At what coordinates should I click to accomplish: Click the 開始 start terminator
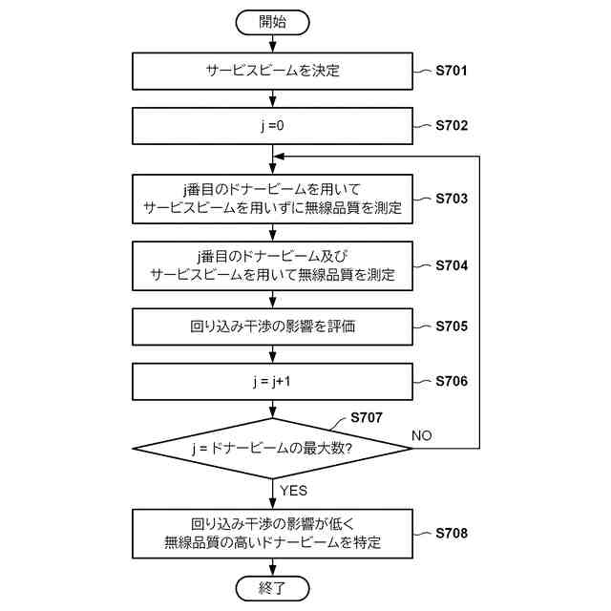click(x=272, y=20)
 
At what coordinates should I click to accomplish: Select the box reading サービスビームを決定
click(x=272, y=71)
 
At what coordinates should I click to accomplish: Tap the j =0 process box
click(x=272, y=125)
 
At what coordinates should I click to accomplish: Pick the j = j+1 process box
click(x=272, y=381)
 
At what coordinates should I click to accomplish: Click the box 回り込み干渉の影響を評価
click(x=272, y=327)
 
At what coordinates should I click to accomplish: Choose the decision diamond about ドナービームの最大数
click(x=272, y=447)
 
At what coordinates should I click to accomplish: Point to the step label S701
click(x=451, y=71)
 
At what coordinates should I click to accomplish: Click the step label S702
click(x=451, y=125)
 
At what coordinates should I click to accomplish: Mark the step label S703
click(x=451, y=199)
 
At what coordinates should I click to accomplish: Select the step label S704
click(x=451, y=263)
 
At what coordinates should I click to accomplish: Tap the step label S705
click(x=451, y=327)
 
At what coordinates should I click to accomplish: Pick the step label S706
click(x=451, y=381)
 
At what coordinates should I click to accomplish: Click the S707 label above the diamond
click(x=367, y=417)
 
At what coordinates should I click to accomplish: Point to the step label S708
click(x=451, y=532)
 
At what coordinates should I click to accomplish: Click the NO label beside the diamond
click(x=422, y=435)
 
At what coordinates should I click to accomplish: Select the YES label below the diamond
click(x=294, y=491)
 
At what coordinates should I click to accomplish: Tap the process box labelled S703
click(x=272, y=199)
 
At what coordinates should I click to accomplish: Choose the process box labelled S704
click(x=272, y=264)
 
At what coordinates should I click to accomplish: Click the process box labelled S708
click(x=272, y=533)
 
